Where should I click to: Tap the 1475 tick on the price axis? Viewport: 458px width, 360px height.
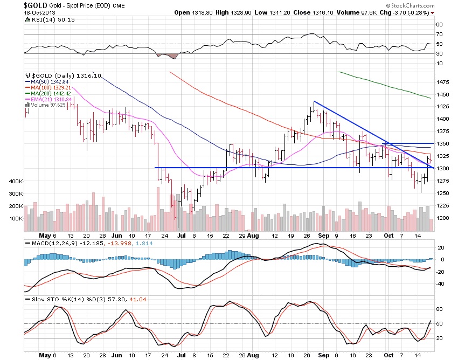coord(443,82)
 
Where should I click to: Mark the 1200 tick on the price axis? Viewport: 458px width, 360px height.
coord(443,218)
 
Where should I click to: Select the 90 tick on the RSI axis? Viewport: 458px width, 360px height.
coord(440,24)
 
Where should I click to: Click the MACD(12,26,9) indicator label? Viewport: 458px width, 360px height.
coord(48,244)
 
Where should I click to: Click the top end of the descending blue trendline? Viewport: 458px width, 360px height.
coord(314,101)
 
